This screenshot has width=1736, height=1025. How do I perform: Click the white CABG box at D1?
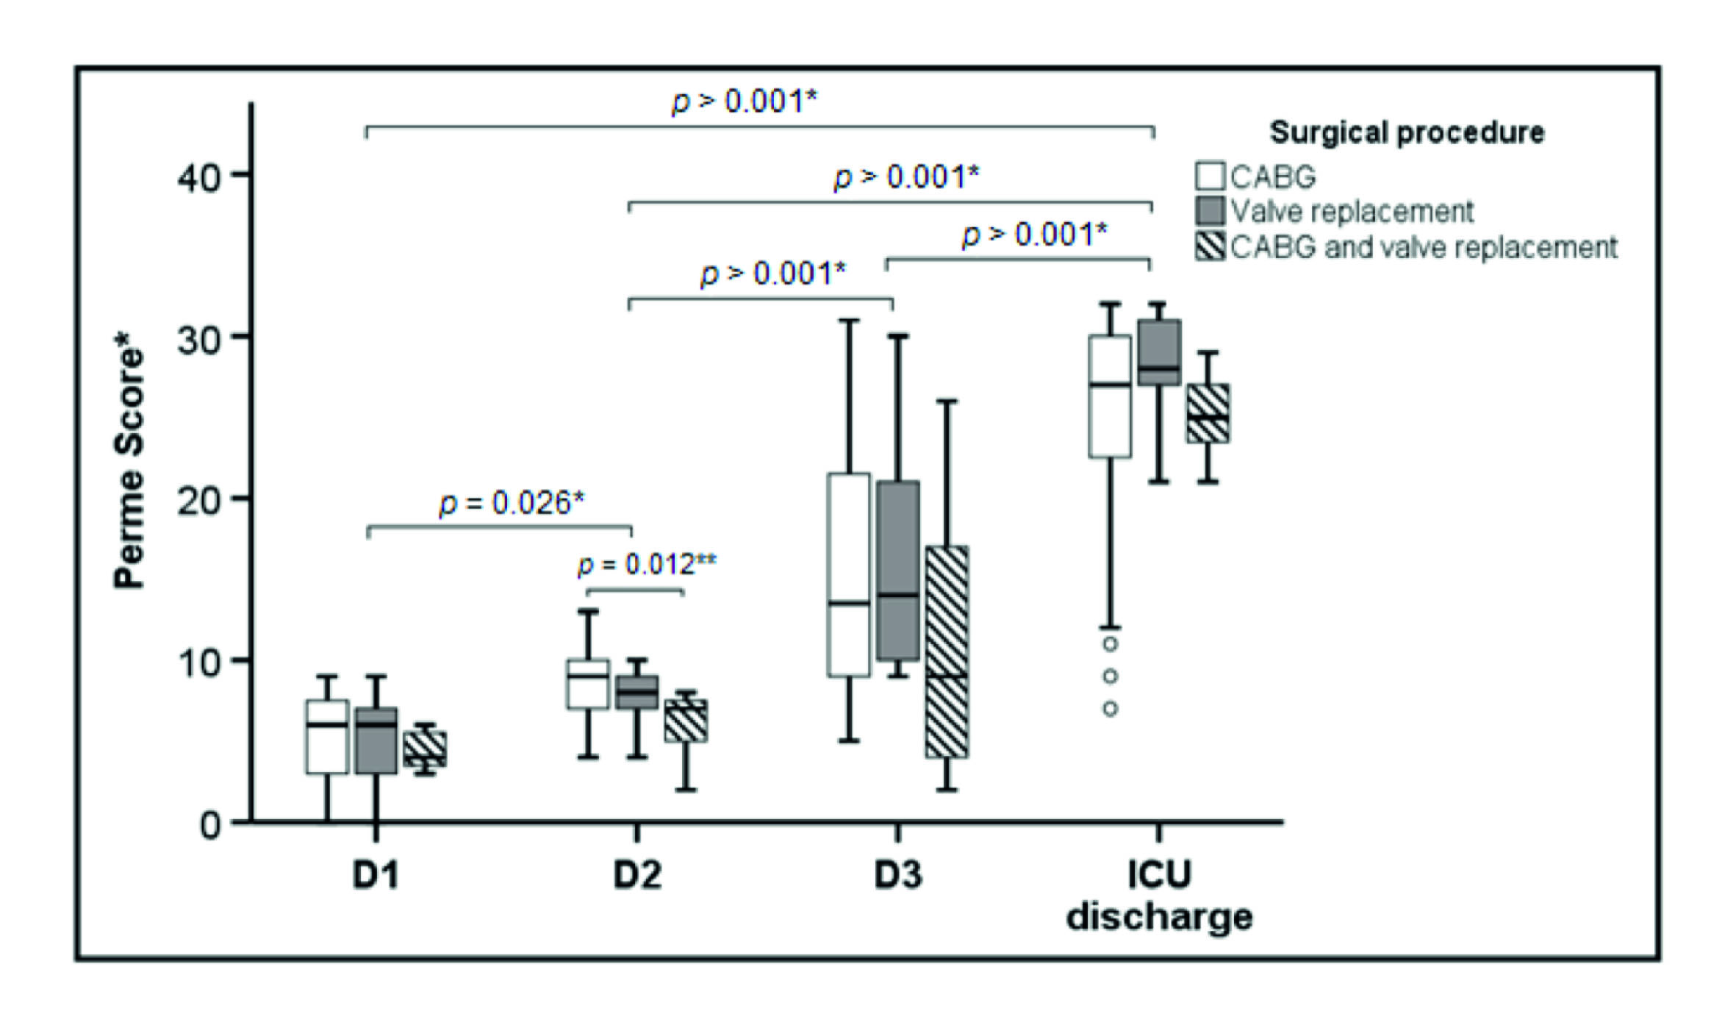click(x=326, y=736)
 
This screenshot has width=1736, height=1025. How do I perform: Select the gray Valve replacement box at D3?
click(x=898, y=571)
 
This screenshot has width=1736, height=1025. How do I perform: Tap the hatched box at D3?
click(x=947, y=651)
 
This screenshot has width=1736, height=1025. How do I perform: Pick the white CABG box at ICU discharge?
click(x=1110, y=397)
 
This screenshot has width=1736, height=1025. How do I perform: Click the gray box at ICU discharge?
click(x=1159, y=352)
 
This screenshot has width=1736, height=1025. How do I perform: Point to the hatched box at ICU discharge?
click(x=1208, y=413)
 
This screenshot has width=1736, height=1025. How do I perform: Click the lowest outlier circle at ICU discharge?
click(x=1111, y=709)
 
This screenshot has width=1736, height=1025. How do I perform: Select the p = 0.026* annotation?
click(x=512, y=504)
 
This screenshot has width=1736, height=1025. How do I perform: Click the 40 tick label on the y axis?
click(x=199, y=177)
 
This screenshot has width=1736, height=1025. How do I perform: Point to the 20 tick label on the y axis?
click(x=199, y=501)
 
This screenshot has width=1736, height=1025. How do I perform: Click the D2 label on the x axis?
click(x=637, y=875)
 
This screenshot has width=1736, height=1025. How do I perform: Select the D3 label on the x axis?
click(x=897, y=875)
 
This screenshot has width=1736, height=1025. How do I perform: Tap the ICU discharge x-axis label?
click(x=1159, y=896)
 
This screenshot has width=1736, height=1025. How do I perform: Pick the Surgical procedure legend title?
click(x=1407, y=132)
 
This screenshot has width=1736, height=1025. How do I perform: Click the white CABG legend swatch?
click(x=1210, y=176)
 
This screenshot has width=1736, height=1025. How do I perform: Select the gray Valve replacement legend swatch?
click(x=1210, y=211)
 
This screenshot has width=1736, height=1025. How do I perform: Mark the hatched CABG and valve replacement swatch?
click(x=1210, y=246)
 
